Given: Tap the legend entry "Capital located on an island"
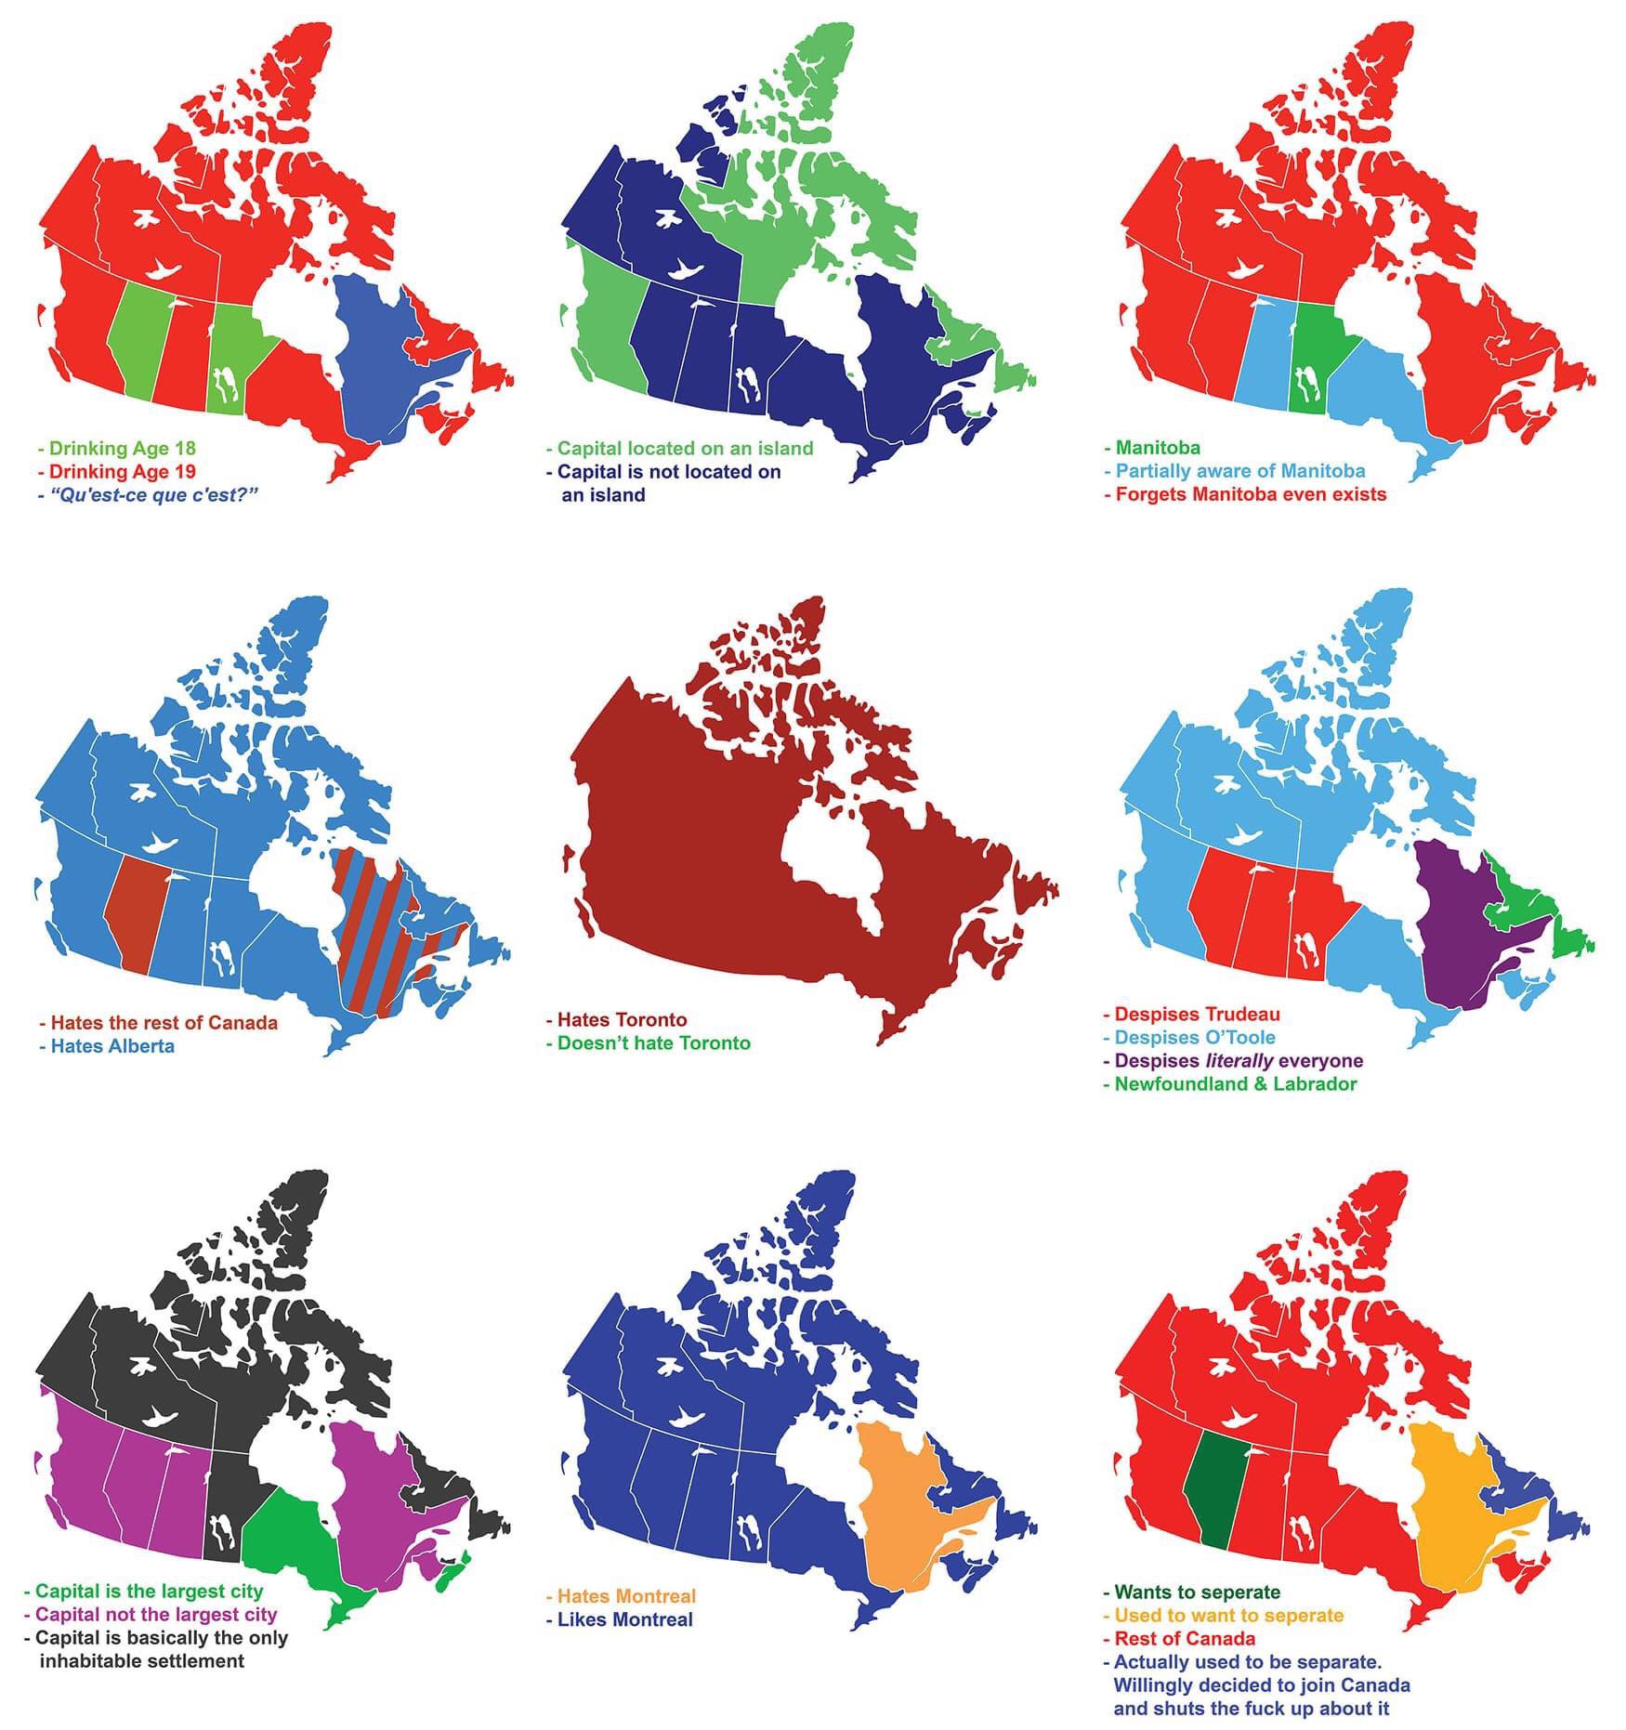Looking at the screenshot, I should click(684, 448).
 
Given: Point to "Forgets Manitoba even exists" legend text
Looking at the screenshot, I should click(1250, 494).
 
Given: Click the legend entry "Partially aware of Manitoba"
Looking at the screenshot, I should click(1239, 471).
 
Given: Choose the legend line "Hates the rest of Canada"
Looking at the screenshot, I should click(163, 1023).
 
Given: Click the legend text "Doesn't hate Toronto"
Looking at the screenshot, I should click(652, 1042).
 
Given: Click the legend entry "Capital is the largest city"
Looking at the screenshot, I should click(149, 1592).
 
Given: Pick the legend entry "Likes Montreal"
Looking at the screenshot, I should click(624, 1619).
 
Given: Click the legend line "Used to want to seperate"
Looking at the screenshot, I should click(1228, 1615).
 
